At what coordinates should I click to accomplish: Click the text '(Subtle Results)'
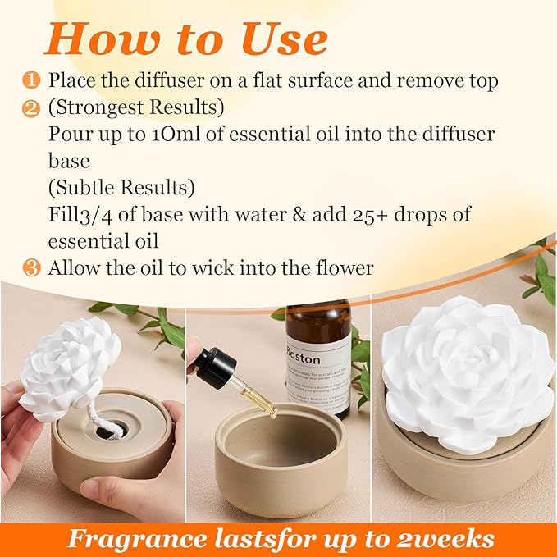pos(121,187)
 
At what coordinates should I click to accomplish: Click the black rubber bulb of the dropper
pos(216,368)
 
